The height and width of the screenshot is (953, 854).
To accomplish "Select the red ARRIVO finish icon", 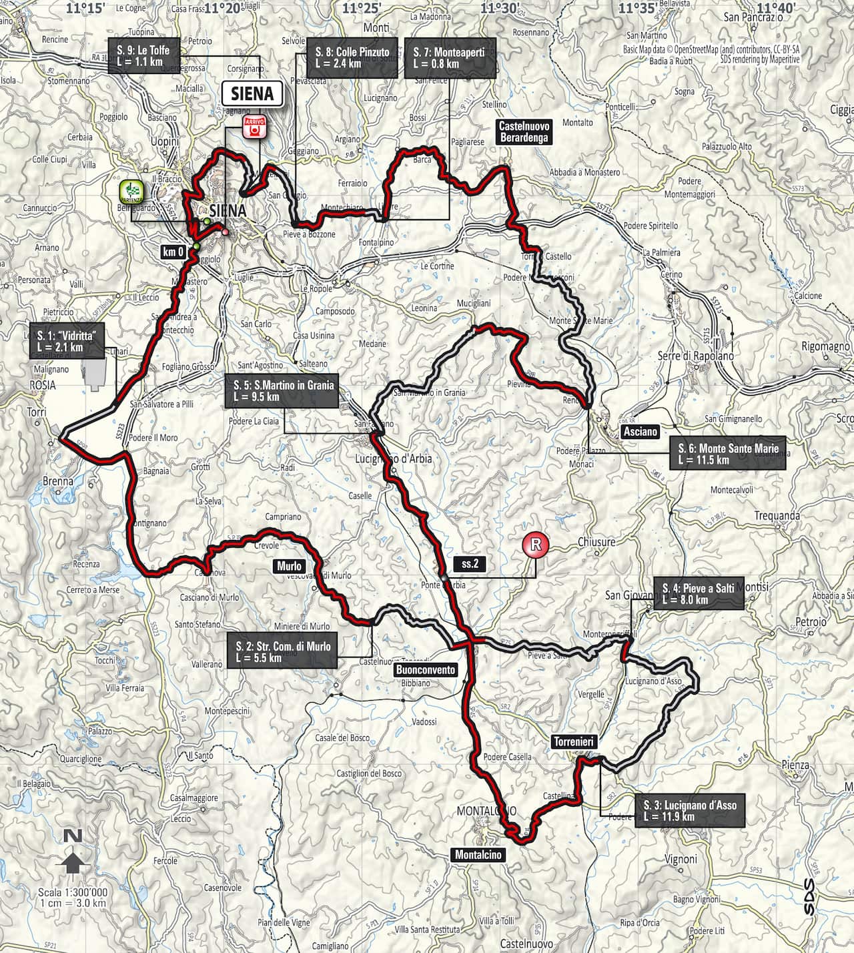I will pyautogui.click(x=254, y=127).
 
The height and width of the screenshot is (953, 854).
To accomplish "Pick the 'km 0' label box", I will pyautogui.click(x=173, y=252).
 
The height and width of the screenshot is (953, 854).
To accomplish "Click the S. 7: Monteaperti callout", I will pyautogui.click(x=450, y=57).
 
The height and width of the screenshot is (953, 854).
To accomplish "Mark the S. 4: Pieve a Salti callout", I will pyautogui.click(x=698, y=593).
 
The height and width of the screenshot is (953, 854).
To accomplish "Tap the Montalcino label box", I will pyautogui.click(x=478, y=855).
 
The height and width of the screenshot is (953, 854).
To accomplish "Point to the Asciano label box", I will pyautogui.click(x=640, y=432).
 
